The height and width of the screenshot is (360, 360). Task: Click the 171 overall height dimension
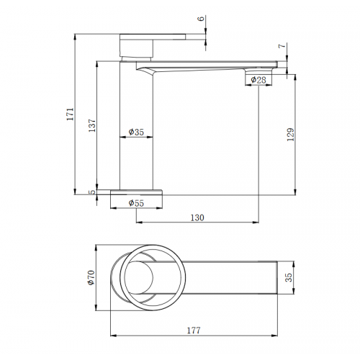pyautogui.click(x=71, y=114)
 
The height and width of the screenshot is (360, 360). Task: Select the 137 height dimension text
pyautogui.click(x=92, y=125)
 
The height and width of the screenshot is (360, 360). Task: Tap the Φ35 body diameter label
pyautogui.click(x=136, y=132)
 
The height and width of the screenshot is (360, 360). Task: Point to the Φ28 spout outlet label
pyautogui.click(x=258, y=80)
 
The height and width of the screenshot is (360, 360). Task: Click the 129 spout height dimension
pyautogui.click(x=291, y=135)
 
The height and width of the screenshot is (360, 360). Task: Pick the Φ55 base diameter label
pyautogui.click(x=136, y=203)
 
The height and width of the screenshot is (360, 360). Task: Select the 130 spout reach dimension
pyautogui.click(x=197, y=217)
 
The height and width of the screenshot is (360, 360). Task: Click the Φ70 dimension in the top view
pyautogui.click(x=91, y=278)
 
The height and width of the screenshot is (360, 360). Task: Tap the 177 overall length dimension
pyautogui.click(x=194, y=330)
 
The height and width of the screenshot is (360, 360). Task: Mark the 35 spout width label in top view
pyautogui.click(x=289, y=277)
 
